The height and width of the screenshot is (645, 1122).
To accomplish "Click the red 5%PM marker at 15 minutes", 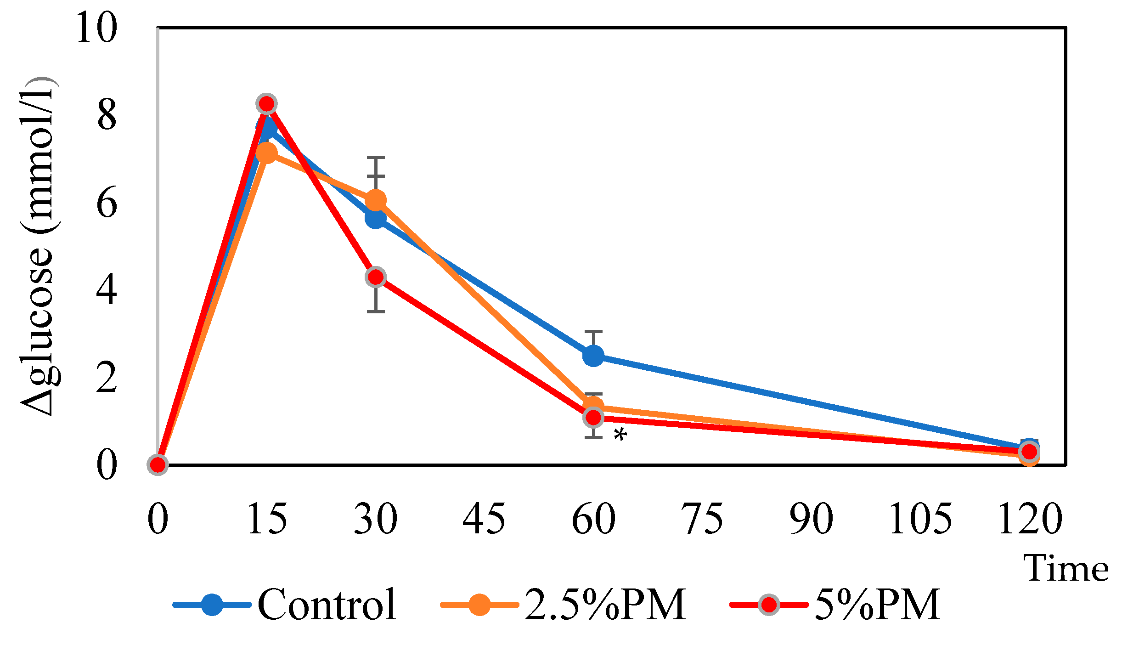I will click(x=266, y=104).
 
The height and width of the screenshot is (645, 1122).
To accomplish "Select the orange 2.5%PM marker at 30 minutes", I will click(x=376, y=200).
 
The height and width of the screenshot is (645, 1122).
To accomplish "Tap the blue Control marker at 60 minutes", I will click(x=593, y=356).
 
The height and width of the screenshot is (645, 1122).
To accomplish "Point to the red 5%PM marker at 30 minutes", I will click(x=376, y=277).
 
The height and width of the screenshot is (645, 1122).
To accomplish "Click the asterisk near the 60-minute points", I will click(x=620, y=434).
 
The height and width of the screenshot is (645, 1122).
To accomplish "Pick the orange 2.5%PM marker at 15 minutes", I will click(x=266, y=153).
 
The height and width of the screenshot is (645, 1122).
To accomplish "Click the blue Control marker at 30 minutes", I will click(x=376, y=219).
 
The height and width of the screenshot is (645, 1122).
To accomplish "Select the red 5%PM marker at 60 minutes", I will click(x=593, y=418).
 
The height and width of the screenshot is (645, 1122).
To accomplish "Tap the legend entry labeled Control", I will click(x=326, y=605).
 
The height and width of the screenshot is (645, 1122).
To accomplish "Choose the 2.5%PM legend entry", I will click(x=604, y=605).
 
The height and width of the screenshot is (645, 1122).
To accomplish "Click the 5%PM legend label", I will click(x=877, y=605).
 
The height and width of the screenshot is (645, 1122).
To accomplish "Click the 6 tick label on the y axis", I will click(x=107, y=203).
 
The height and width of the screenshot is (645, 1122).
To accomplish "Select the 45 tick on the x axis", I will click(x=484, y=519).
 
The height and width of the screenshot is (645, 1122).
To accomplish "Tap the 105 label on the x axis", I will click(x=920, y=519).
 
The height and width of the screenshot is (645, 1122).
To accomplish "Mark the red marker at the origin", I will click(x=158, y=464).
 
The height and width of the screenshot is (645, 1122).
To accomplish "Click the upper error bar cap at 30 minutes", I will click(x=376, y=158).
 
